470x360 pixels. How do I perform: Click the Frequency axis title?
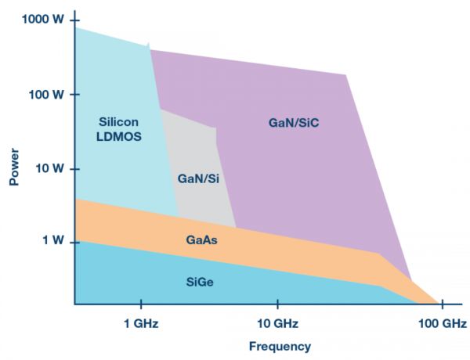click(280, 346)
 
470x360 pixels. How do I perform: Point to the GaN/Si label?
click(198, 178)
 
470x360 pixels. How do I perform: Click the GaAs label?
click(201, 240)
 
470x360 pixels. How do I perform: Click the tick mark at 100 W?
click(72, 94)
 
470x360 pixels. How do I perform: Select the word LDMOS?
click(118, 137)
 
